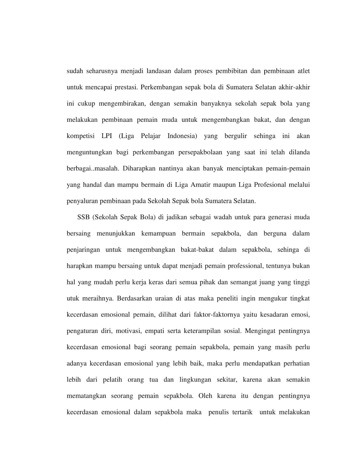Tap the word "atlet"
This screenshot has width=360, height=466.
click(x=303, y=71)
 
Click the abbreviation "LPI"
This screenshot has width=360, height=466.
click(x=107, y=136)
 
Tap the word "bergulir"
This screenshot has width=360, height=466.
click(x=236, y=136)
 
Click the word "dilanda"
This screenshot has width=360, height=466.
click(x=299, y=152)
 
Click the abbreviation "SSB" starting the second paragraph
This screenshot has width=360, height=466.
click(x=83, y=217)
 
